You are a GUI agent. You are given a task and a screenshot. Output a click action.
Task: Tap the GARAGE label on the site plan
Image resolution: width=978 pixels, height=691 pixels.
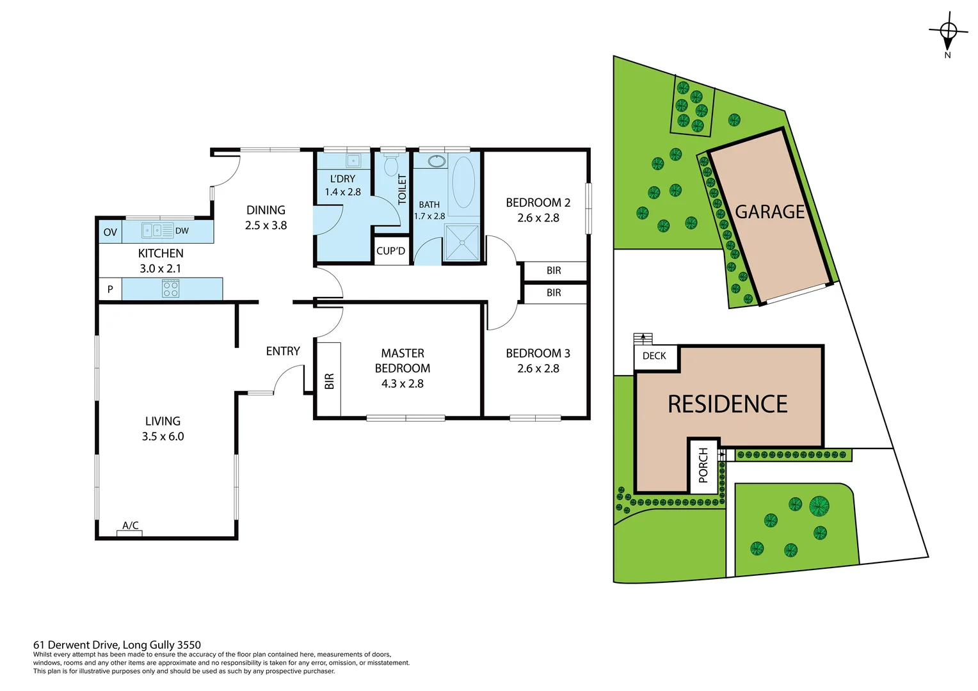tap(769, 212)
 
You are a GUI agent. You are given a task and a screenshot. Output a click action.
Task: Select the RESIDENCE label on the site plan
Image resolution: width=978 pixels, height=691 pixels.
tap(727, 404)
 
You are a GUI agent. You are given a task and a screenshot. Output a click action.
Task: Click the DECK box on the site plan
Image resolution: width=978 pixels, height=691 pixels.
tap(654, 356)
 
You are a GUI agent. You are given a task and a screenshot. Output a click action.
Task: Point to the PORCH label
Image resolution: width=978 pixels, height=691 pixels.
tap(703, 465)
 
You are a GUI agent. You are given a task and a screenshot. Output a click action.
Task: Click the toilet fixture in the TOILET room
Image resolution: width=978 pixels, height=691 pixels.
tap(391, 165)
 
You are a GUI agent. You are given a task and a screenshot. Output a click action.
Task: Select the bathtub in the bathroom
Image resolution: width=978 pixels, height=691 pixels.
tap(463, 182)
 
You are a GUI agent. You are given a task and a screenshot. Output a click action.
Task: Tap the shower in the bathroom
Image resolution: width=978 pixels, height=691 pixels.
tap(462, 242)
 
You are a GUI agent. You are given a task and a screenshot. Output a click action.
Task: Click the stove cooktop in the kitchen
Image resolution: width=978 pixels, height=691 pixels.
tap(171, 289)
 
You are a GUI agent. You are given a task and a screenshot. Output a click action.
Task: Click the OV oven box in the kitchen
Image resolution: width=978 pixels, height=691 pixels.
tap(110, 232)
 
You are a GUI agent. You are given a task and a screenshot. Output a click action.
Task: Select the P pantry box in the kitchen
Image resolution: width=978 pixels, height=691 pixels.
tap(110, 289)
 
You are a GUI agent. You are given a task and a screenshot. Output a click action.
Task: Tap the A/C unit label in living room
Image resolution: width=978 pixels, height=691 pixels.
tap(130, 527)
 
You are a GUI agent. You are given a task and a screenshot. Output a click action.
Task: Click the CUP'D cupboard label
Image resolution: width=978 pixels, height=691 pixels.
tap(391, 251)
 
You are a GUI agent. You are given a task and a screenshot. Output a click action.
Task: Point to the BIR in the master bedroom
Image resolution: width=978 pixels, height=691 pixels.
tap(329, 381)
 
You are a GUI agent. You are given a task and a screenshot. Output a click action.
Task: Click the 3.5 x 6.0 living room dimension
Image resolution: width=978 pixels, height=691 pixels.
tap(163, 436)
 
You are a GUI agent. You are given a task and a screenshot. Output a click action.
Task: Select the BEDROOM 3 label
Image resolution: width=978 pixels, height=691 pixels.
tap(538, 353)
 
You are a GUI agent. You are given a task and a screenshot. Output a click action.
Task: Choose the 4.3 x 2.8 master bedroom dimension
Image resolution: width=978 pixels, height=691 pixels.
tap(403, 384)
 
